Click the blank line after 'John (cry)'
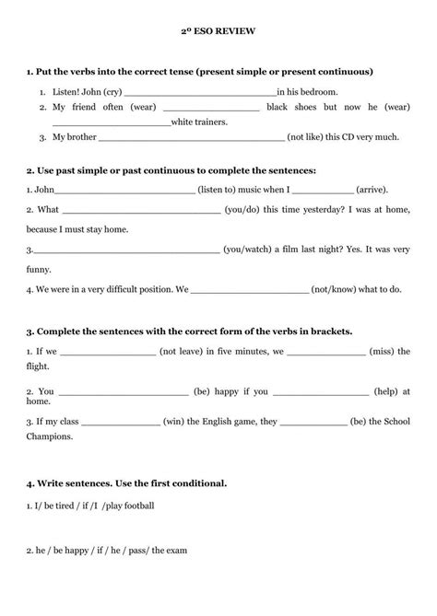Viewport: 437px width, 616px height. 199,93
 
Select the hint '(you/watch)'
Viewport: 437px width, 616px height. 246,249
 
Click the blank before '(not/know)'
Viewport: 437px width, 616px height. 249,289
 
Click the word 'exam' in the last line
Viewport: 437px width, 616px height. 175,550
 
